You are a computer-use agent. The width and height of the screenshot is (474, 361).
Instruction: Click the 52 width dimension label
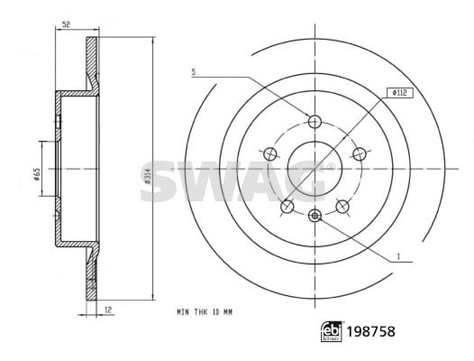[x=66, y=24]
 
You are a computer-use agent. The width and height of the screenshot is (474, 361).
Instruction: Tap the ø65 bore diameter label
[x=37, y=174]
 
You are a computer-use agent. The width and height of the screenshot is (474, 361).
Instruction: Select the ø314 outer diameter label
[x=147, y=176]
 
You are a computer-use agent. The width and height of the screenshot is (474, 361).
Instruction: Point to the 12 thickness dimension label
[x=108, y=310]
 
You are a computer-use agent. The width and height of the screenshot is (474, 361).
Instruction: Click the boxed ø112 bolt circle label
[x=400, y=93]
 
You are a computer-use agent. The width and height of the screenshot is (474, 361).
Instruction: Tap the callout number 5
[x=194, y=72]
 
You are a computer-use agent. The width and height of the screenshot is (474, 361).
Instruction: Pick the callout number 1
[x=398, y=256]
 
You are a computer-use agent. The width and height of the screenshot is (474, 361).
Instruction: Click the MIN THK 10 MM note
[x=205, y=312]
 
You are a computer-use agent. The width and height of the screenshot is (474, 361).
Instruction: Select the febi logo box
[x=332, y=331]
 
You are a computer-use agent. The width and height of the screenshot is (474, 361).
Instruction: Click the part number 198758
[x=370, y=331]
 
